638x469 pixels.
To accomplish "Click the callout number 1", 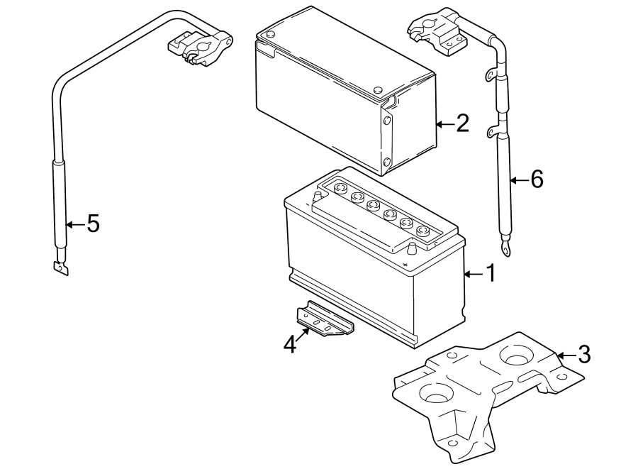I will click(x=488, y=273).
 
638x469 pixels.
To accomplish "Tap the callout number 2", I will click(x=461, y=124).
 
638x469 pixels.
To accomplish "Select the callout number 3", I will click(x=583, y=354).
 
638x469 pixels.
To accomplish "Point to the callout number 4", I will click(x=289, y=344).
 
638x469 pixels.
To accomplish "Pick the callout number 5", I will click(x=92, y=224).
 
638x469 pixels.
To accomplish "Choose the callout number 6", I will click(x=536, y=180).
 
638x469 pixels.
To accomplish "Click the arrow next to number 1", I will click(x=471, y=273).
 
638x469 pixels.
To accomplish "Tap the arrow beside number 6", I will click(x=519, y=180).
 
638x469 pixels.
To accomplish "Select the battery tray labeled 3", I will click(x=482, y=390).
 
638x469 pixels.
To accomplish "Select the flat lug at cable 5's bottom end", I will click(x=60, y=268).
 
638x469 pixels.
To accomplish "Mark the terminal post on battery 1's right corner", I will click(x=410, y=248).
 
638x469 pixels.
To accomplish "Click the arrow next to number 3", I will click(x=565, y=354).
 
